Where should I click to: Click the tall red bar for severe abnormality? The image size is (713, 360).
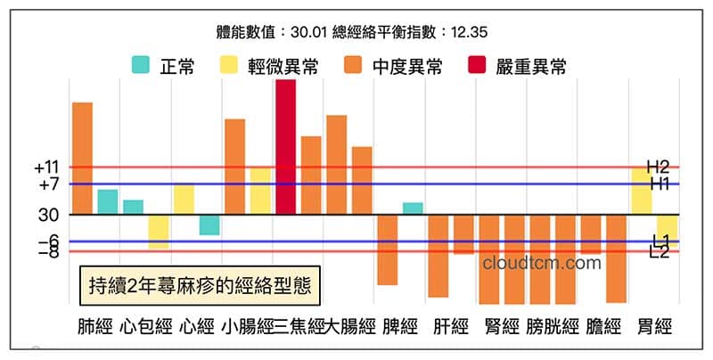[285, 147]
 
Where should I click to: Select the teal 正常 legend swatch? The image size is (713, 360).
[141, 65]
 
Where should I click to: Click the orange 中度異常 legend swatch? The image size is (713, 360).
[354, 65]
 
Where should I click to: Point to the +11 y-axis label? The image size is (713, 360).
[46, 168]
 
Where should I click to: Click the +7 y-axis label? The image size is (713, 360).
[48, 184]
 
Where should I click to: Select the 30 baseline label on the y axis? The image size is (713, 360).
[50, 215]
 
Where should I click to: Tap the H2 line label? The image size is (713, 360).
[659, 167]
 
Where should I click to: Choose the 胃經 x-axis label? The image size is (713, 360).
[654, 326]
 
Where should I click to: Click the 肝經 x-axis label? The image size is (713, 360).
[450, 326]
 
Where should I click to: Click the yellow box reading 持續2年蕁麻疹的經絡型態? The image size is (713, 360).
[197, 285]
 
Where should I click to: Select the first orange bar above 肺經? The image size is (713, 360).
[82, 159]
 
